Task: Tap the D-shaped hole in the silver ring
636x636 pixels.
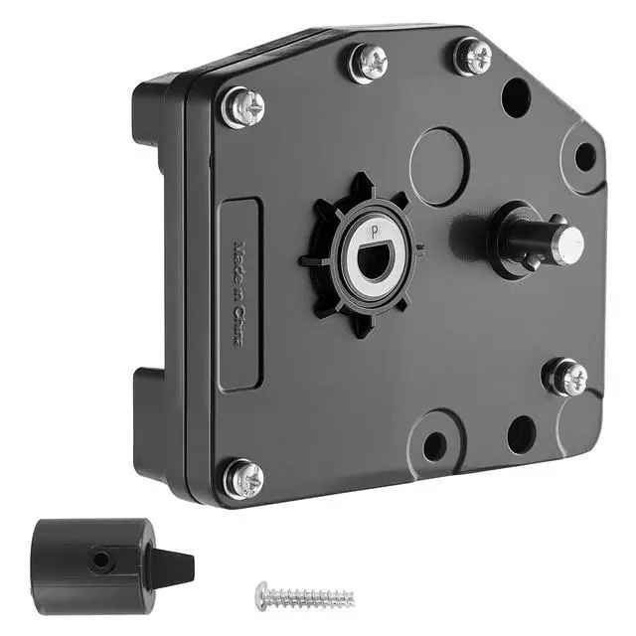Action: pos(376,260)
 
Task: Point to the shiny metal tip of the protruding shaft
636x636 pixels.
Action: pos(569,244)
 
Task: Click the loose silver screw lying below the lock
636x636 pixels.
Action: pos(305,596)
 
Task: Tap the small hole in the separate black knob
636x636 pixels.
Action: pos(100,560)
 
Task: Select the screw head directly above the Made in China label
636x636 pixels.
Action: pos(243,107)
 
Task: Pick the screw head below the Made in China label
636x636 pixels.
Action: pos(243,479)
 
